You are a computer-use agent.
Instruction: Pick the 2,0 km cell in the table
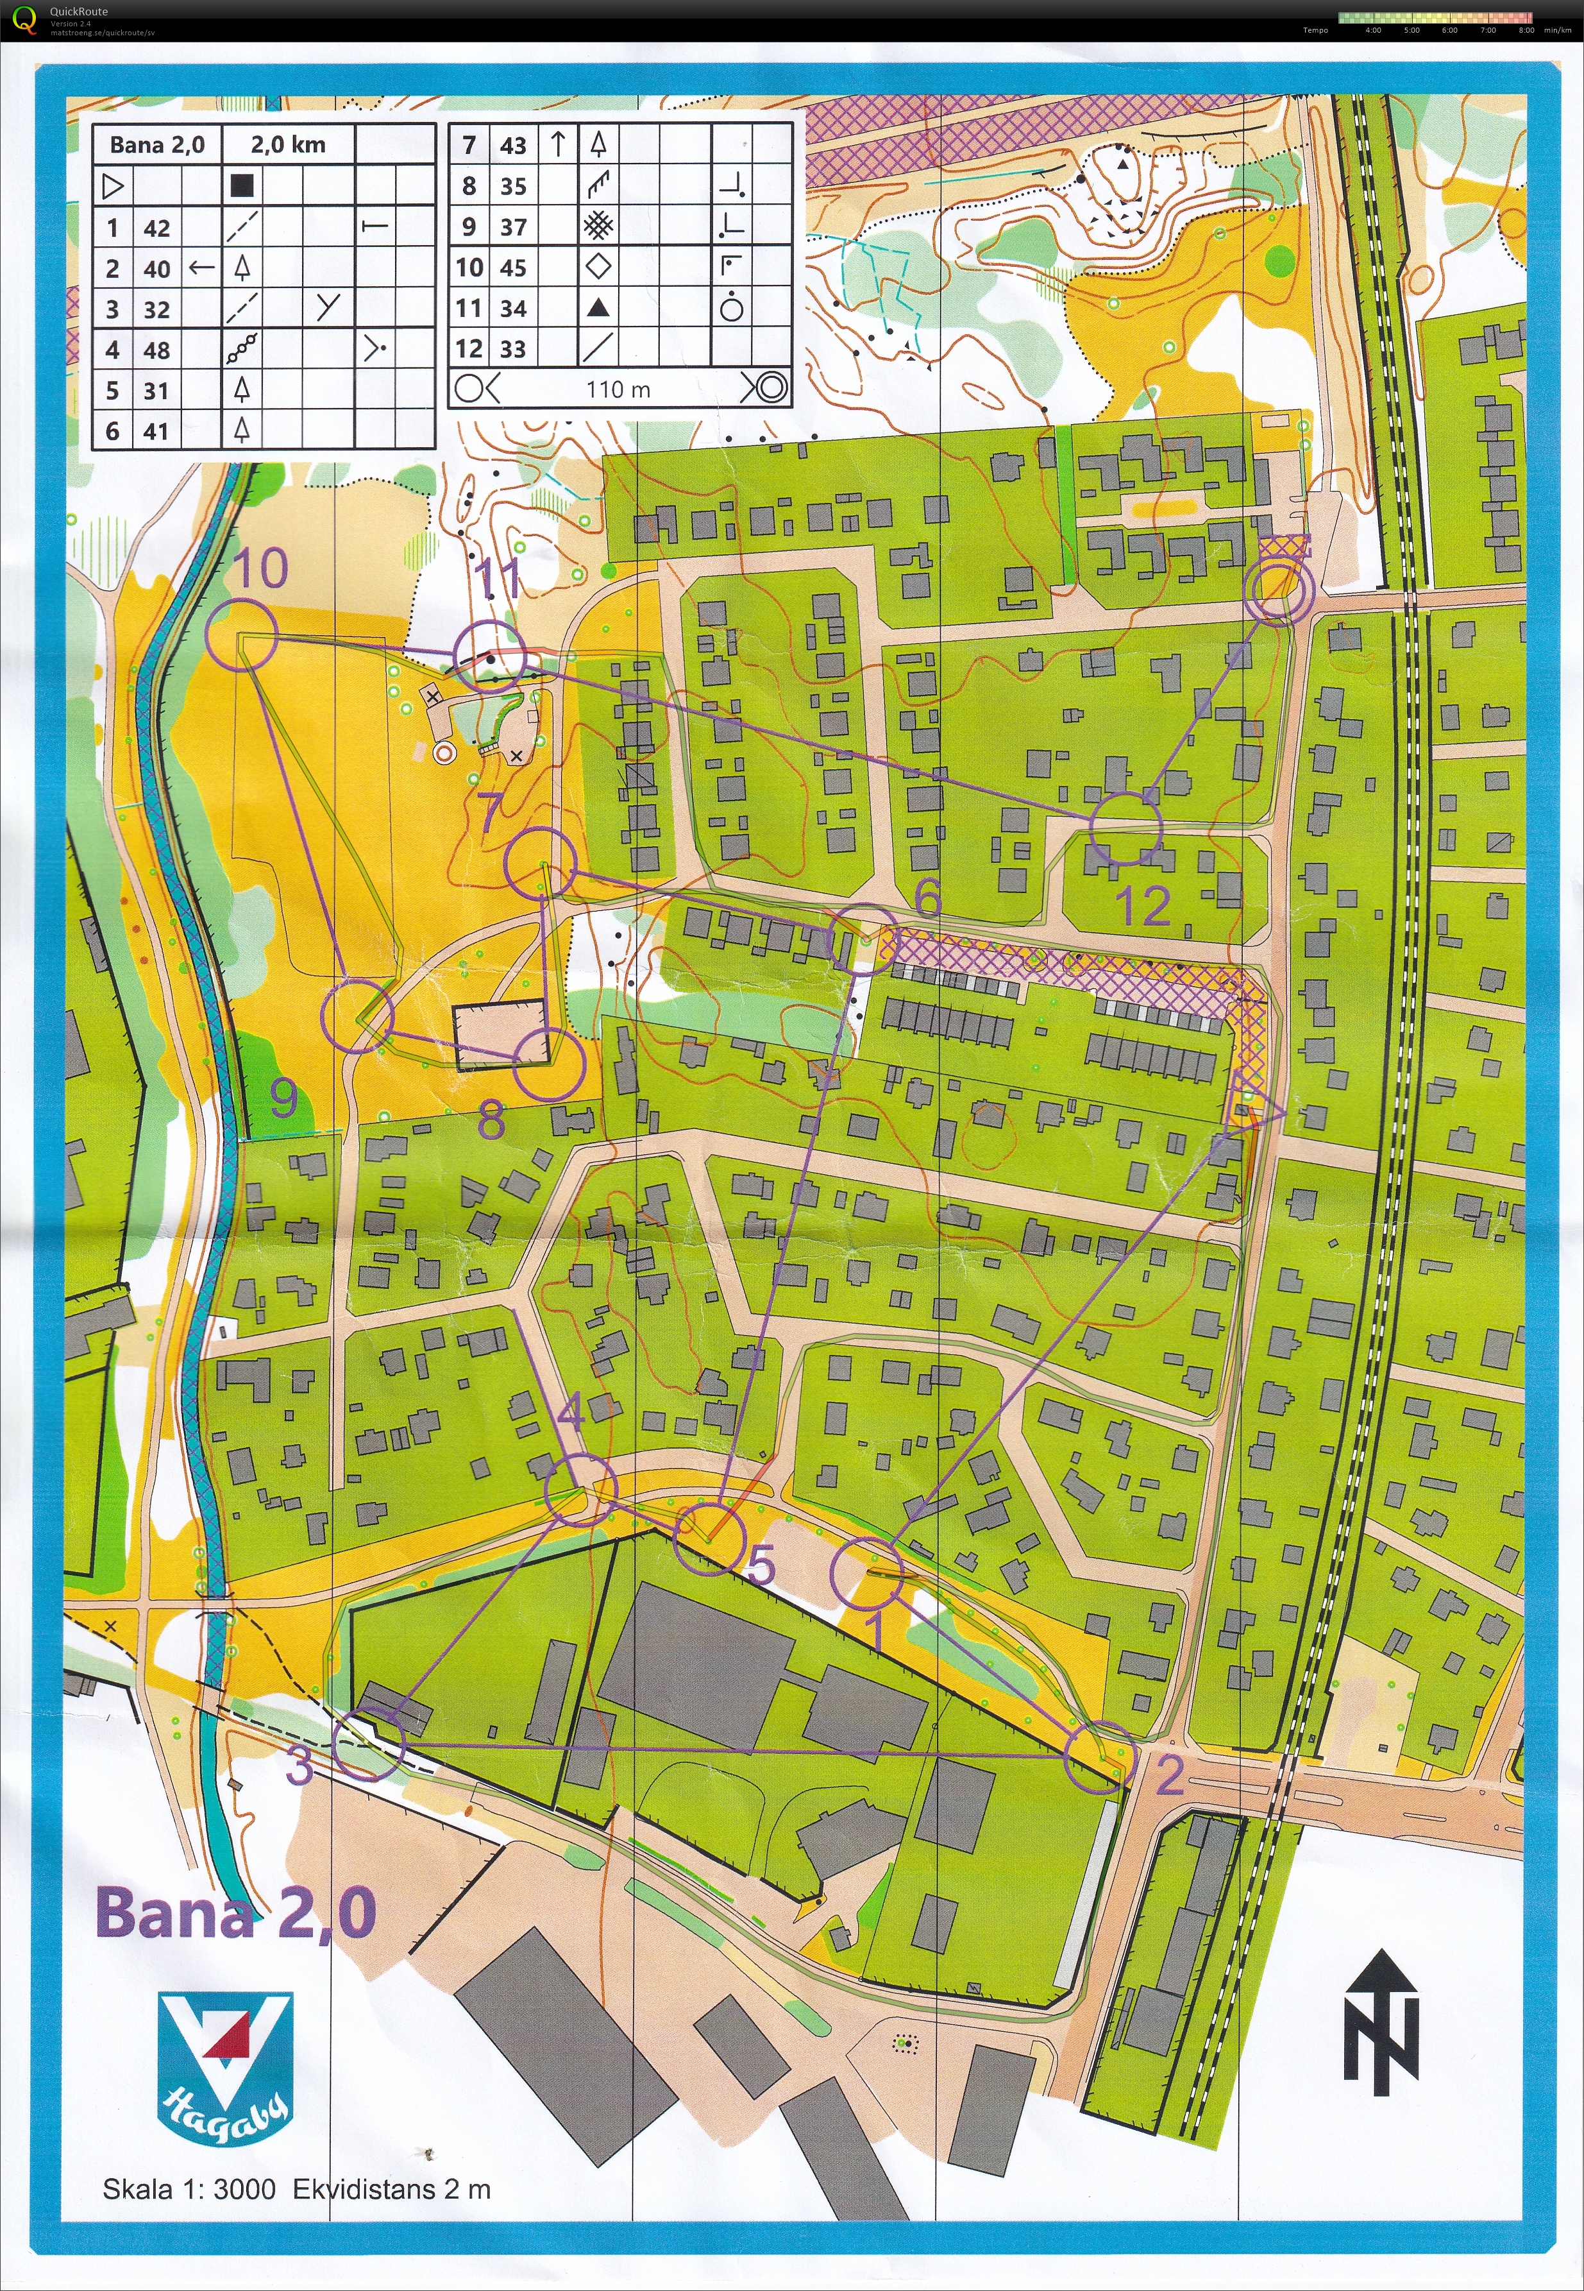pos(288,145)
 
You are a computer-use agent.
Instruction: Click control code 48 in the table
pos(157,350)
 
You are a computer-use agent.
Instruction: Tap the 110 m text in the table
pos(618,389)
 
